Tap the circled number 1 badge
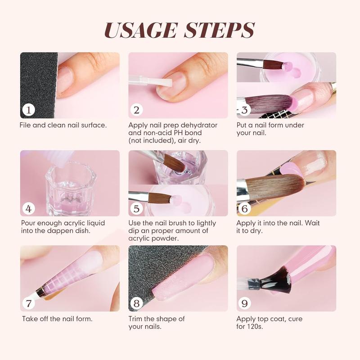[28, 110]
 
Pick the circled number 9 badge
[245, 303]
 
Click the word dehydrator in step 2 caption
[196, 125]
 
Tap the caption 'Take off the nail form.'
[57, 319]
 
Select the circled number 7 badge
[28, 303]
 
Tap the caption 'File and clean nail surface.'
[63, 125]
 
